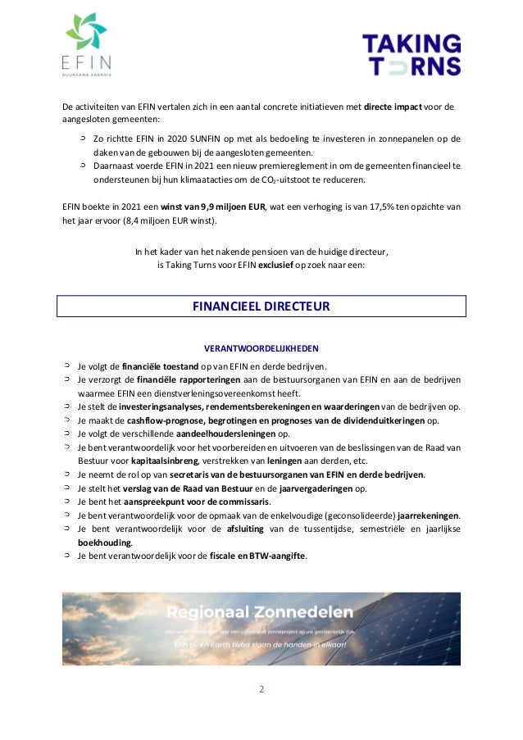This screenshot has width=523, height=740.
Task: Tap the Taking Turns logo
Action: pyautogui.click(x=412, y=55)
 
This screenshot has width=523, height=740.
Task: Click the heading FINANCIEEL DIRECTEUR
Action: pyautogui.click(x=261, y=306)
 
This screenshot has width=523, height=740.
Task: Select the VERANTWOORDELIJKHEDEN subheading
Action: pyautogui.click(x=261, y=348)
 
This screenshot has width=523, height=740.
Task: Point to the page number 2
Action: pyautogui.click(x=261, y=689)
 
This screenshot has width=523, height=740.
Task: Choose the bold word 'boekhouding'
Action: pyautogui.click(x=103, y=543)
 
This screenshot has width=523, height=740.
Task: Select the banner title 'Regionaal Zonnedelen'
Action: pyautogui.click(x=260, y=612)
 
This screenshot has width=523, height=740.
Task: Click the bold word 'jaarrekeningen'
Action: pyautogui.click(x=428, y=515)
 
